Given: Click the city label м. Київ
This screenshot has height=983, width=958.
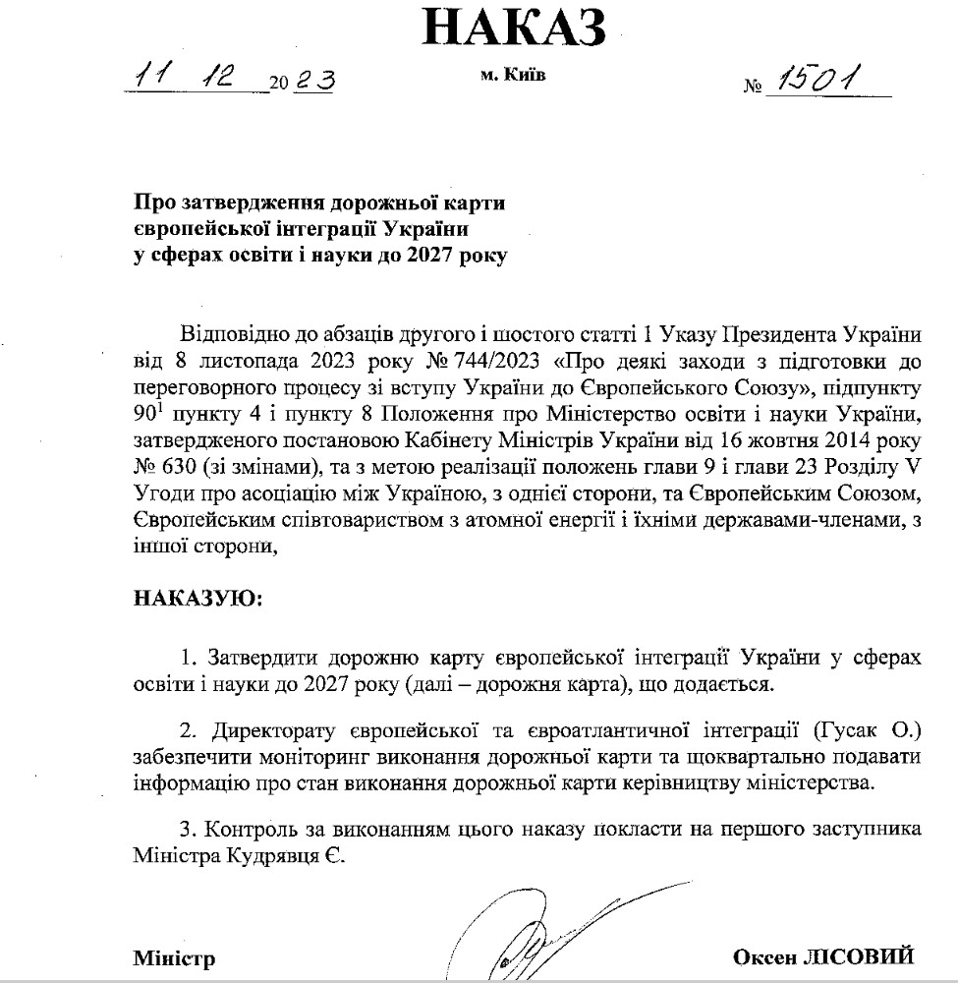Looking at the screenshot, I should tap(514, 79).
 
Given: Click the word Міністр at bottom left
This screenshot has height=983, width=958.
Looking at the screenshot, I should tap(174, 957).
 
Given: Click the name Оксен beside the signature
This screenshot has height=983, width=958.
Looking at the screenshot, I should tap(759, 956).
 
